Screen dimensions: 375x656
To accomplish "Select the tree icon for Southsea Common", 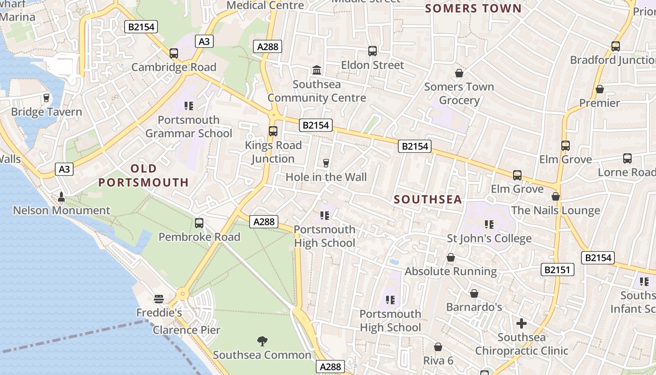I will click(262, 341).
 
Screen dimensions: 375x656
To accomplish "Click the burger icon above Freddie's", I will click(159, 299).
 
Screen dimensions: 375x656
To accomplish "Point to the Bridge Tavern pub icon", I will click(46, 98).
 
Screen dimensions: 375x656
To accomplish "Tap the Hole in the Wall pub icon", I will click(326, 163).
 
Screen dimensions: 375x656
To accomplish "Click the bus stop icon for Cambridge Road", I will click(174, 53).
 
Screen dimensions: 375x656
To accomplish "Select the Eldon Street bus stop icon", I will click(373, 51).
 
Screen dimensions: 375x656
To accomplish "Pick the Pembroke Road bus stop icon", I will click(199, 223).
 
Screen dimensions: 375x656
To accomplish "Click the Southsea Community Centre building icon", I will click(317, 70).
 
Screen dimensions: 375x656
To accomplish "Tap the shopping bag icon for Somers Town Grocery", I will click(459, 73).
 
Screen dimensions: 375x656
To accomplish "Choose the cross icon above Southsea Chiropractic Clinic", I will click(521, 323).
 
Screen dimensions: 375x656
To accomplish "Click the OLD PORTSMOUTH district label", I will click(143, 175).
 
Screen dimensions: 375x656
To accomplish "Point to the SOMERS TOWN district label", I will click(473, 8).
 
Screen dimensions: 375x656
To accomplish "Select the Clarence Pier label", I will click(186, 330).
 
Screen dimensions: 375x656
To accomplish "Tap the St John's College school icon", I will click(489, 225).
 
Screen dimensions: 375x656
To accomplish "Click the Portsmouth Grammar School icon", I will click(189, 106).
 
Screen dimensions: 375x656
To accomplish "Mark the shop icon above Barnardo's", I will click(474, 293).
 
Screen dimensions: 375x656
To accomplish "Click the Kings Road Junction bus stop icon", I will click(273, 131).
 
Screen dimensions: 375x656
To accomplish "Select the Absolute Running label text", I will click(451, 271).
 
